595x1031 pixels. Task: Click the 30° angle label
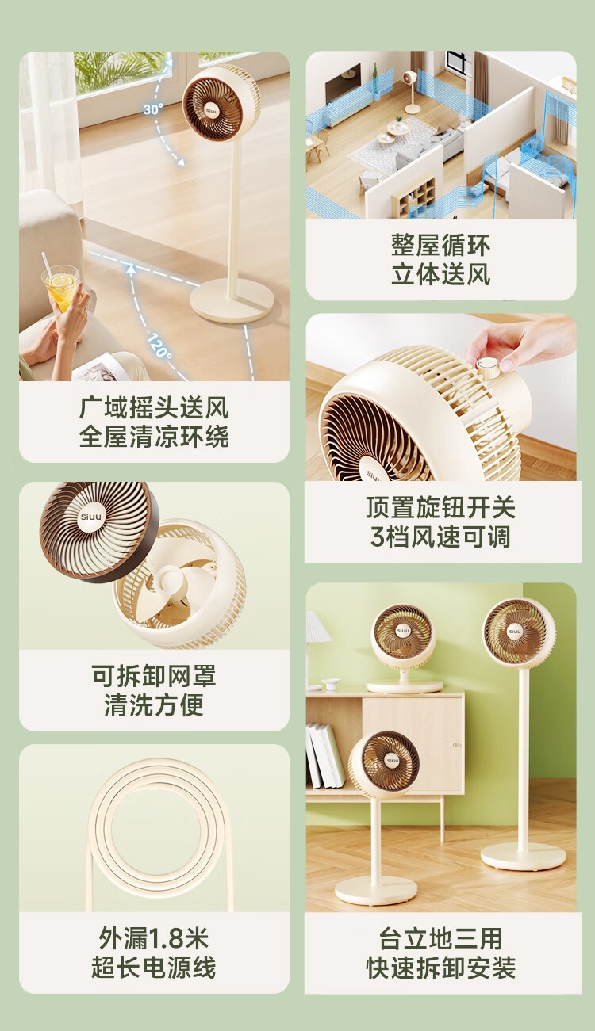click(x=153, y=109)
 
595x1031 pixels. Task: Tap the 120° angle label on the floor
click(x=159, y=346)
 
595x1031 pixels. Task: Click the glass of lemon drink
click(x=61, y=288)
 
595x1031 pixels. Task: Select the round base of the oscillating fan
click(x=232, y=301)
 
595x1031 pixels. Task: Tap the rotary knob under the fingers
click(x=487, y=366)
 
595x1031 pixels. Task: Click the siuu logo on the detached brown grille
click(x=90, y=517)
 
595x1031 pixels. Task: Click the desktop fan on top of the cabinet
click(x=403, y=648)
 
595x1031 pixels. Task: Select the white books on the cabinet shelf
click(x=325, y=755)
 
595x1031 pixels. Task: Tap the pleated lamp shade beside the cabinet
click(x=317, y=626)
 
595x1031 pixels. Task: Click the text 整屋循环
click(x=440, y=244)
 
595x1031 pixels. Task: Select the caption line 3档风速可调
click(x=440, y=537)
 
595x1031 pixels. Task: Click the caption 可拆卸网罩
click(x=154, y=676)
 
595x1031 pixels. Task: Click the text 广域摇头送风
click(x=154, y=407)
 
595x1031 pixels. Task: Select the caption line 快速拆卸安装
click(x=440, y=968)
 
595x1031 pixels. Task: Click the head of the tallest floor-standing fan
click(x=520, y=631)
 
